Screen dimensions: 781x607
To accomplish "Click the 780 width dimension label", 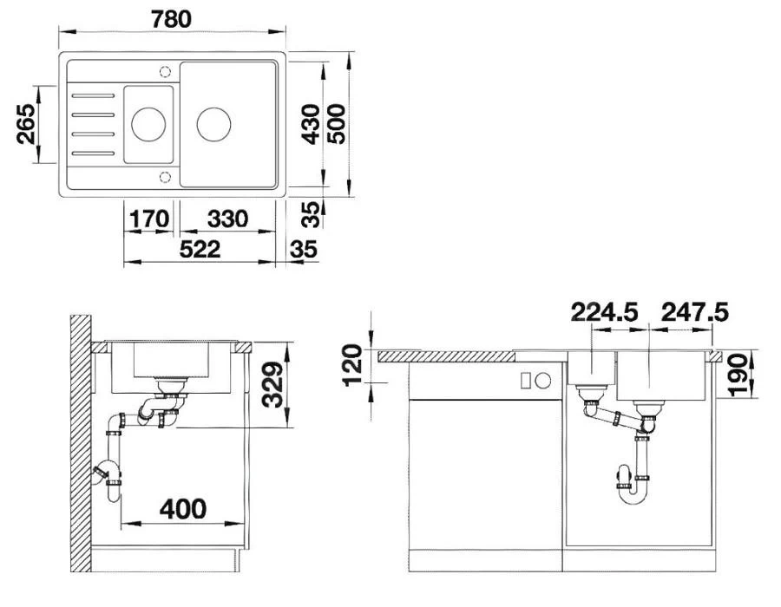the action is [x=171, y=19].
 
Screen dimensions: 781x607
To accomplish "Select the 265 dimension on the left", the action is [x=26, y=124].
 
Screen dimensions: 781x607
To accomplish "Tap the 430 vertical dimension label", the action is [x=312, y=124].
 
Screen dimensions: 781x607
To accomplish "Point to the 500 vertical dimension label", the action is [x=337, y=124].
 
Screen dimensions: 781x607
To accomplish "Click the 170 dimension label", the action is [x=149, y=219].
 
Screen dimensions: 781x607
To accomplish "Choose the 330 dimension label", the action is [x=227, y=219].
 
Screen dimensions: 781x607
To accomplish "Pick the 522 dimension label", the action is [x=200, y=249].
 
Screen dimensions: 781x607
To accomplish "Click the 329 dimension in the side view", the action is [x=272, y=385].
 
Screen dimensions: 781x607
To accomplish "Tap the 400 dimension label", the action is [x=183, y=509].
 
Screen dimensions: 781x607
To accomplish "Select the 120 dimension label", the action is [x=352, y=365].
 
